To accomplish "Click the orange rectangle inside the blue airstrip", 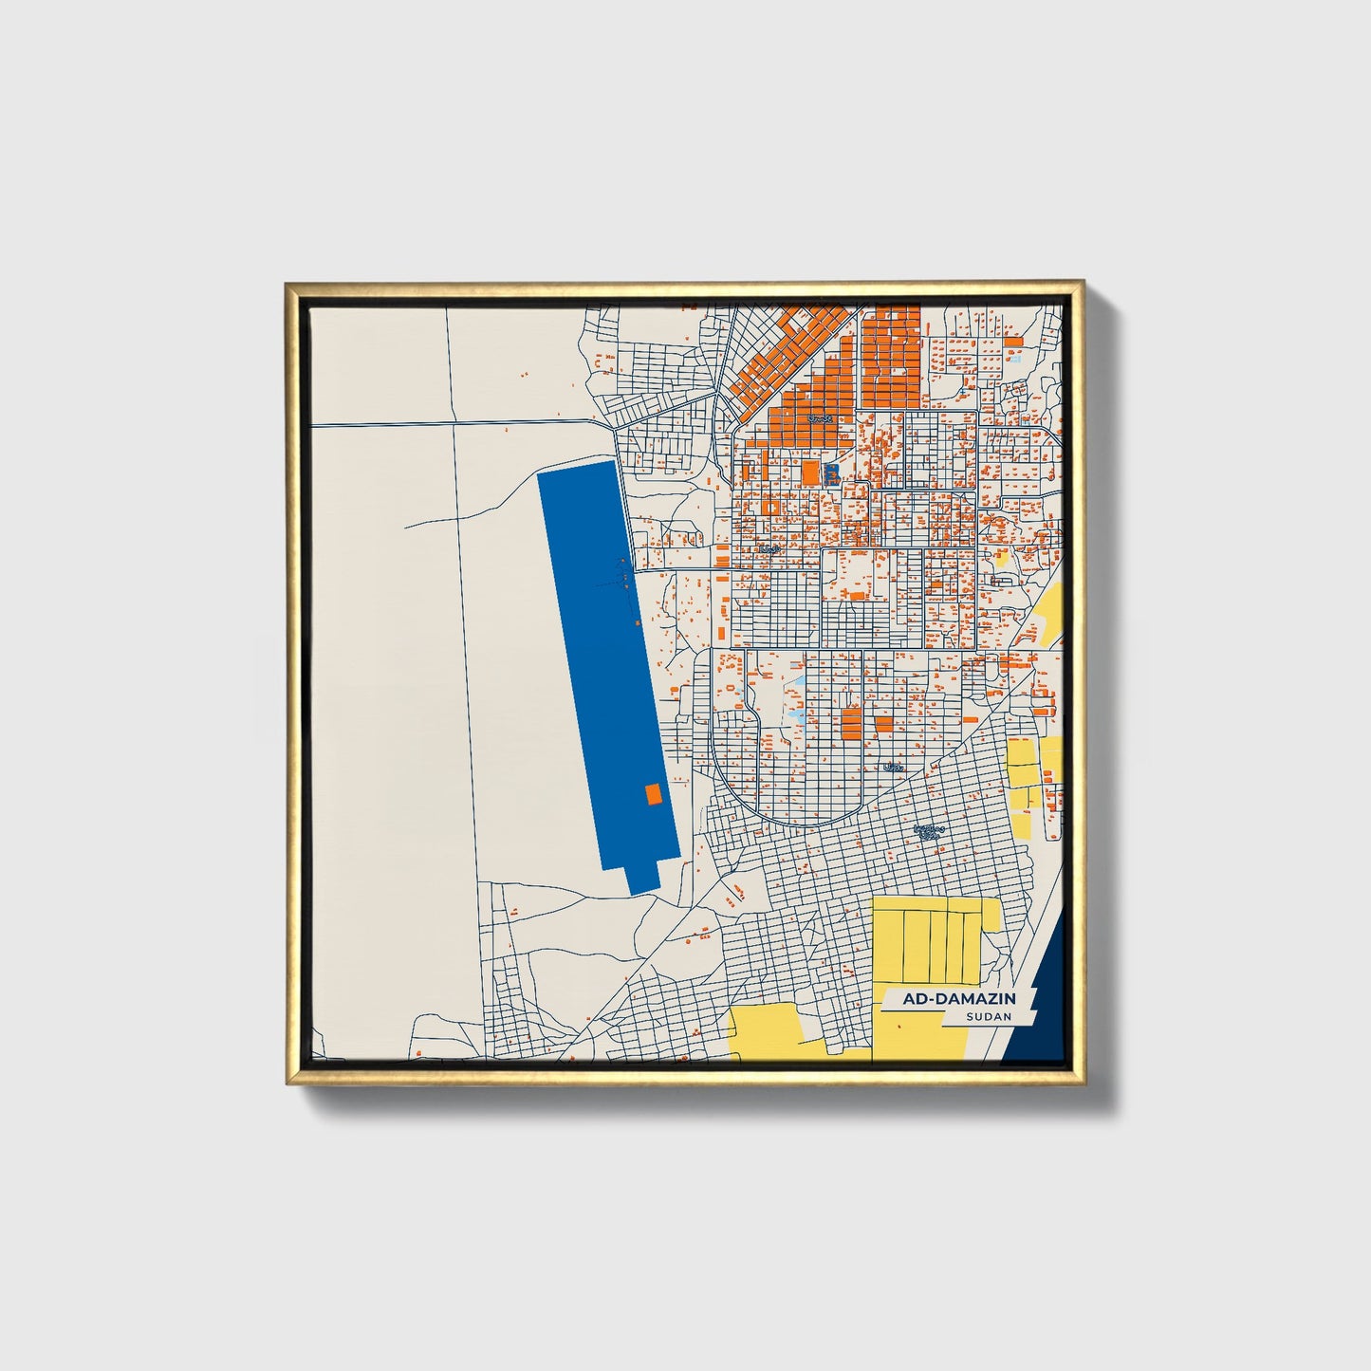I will pos(653,794).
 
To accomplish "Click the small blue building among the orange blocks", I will pos(832,472).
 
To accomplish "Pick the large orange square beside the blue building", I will pos(809,472).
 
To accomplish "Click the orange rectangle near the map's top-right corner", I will pos(1013,340).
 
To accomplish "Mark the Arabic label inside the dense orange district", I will pos(819,417).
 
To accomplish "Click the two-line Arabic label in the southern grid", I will pos(929,831).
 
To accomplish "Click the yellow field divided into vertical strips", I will pos(935,939).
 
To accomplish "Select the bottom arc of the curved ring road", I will pos(806,823).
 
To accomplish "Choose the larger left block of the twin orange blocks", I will pos(851,721).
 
